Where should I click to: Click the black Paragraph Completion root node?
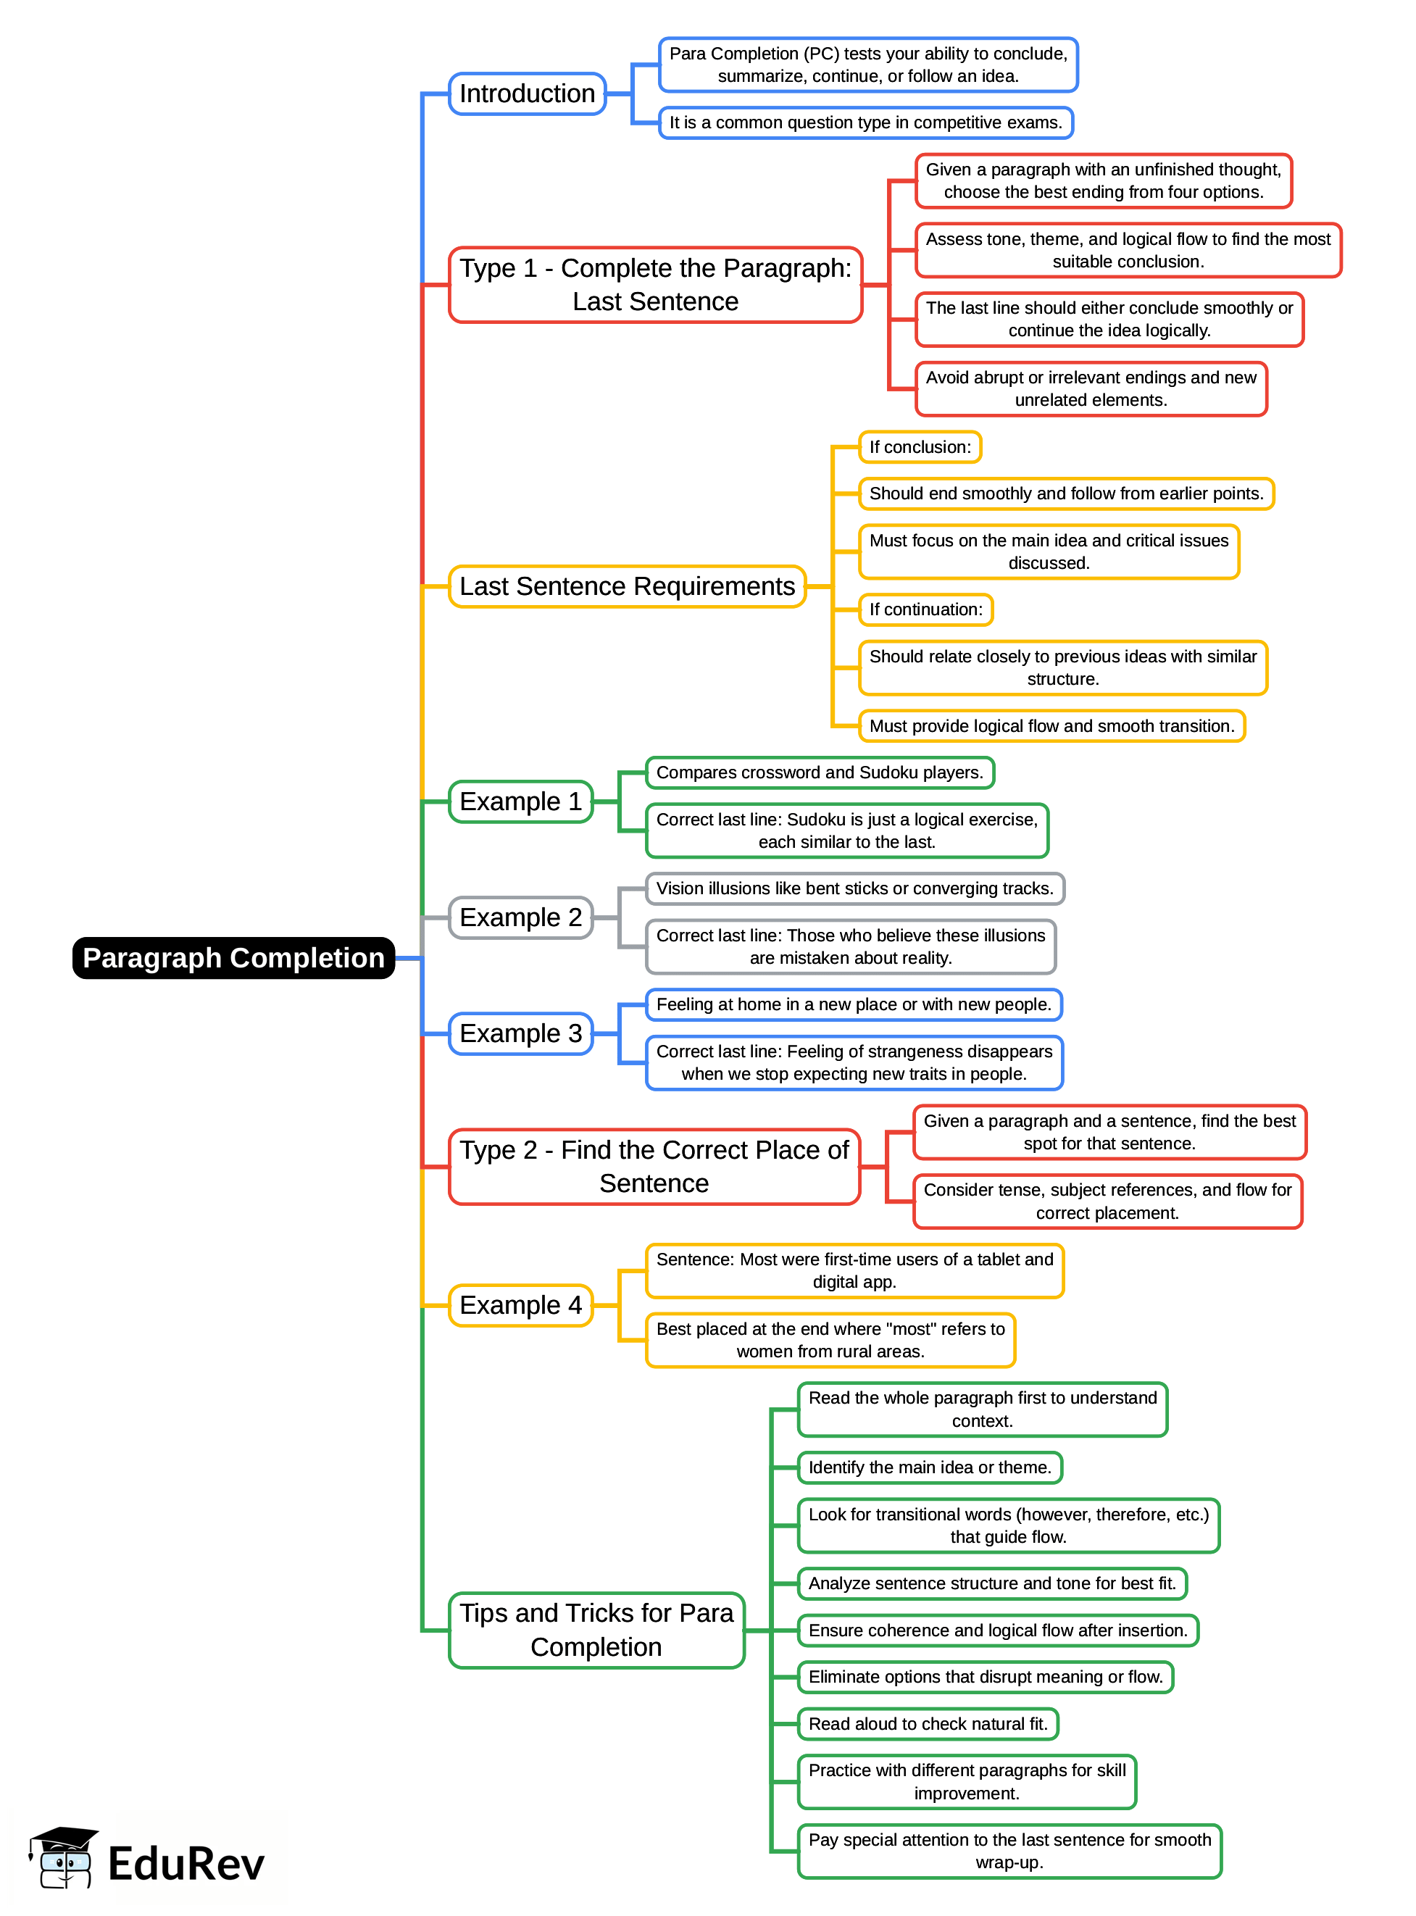(x=233, y=957)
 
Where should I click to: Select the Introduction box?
(x=527, y=93)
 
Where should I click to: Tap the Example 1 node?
(x=520, y=801)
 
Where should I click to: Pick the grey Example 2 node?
(x=520, y=917)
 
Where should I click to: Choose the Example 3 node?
(x=520, y=1033)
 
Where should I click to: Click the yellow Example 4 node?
(x=520, y=1304)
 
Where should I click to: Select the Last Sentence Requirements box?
(x=627, y=586)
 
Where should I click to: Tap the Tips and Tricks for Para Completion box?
(x=596, y=1629)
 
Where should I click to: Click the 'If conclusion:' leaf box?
(x=920, y=446)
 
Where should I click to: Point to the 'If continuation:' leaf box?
(x=925, y=609)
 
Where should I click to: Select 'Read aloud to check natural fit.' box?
(x=928, y=1723)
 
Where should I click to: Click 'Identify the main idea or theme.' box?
(x=929, y=1467)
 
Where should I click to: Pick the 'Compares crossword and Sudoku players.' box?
(x=820, y=772)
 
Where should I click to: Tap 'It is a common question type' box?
(x=866, y=122)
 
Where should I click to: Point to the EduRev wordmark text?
(x=186, y=1864)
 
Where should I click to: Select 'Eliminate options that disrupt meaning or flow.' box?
(x=985, y=1676)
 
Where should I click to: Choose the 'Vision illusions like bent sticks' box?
(x=854, y=888)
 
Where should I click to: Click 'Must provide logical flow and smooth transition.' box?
(x=1051, y=726)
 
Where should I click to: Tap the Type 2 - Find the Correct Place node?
(x=654, y=1165)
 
